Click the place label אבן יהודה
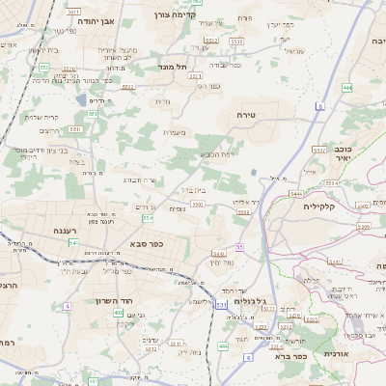click(x=91, y=19)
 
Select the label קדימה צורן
click(x=174, y=15)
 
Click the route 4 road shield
click(x=68, y=306)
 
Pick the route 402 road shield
click(x=118, y=313)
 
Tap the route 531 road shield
click(x=221, y=305)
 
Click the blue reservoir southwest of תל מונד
click(x=78, y=98)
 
